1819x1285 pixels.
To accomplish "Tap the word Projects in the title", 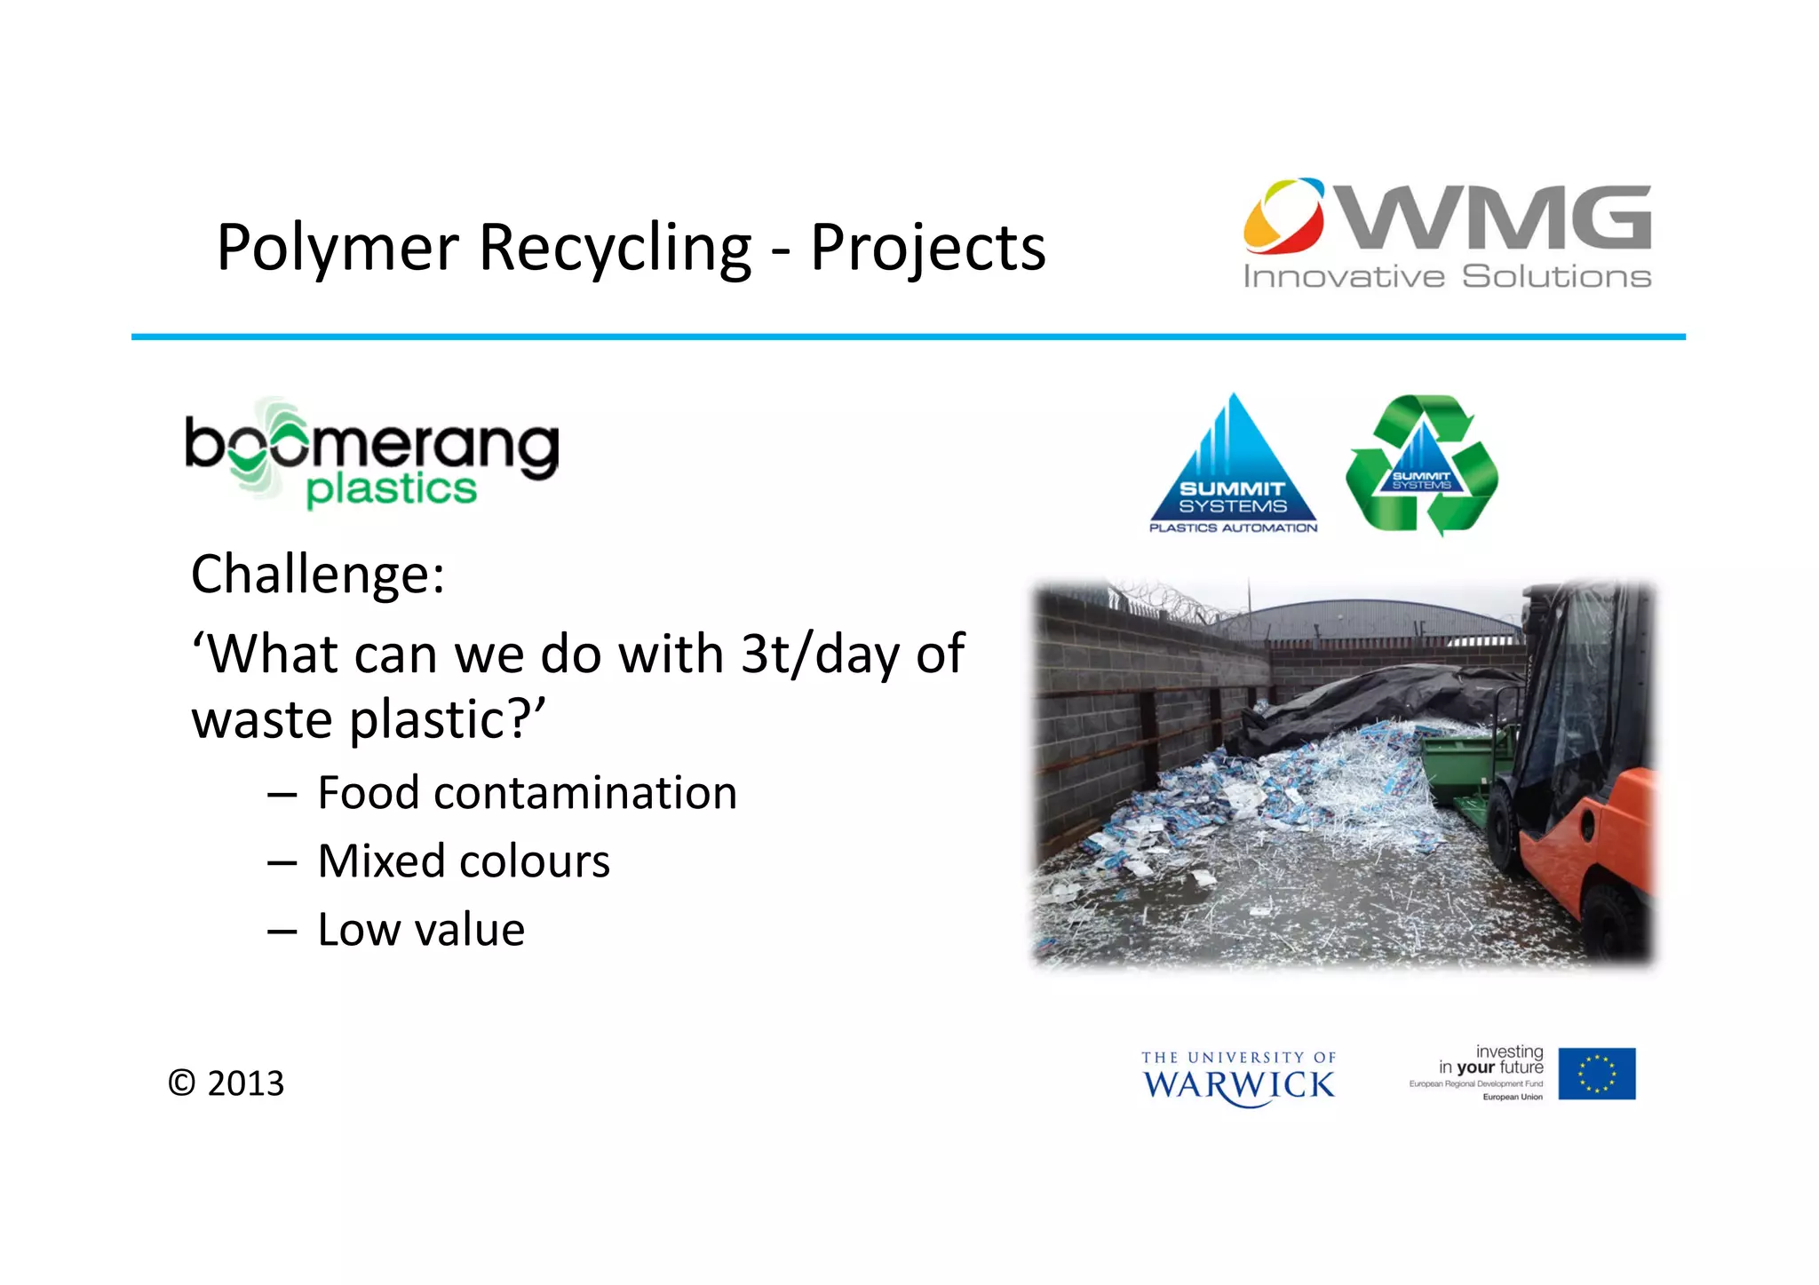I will point(927,248).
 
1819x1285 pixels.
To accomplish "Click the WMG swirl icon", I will point(1284,216).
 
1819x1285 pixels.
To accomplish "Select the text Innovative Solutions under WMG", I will point(1446,277).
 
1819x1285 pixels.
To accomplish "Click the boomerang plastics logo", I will point(371,455).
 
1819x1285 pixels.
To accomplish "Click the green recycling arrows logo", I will point(1422,464).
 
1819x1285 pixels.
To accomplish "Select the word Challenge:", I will point(317,575).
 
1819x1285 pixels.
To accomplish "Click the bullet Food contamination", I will point(526,793).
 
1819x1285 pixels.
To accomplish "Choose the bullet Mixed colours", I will point(463,861).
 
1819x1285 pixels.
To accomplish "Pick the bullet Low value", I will point(420,930).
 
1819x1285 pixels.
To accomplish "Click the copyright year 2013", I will point(245,1083).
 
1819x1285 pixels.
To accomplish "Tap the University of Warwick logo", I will point(1238,1078).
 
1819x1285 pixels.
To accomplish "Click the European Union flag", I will point(1596,1074).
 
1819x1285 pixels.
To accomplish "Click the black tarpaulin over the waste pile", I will point(1368,702).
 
